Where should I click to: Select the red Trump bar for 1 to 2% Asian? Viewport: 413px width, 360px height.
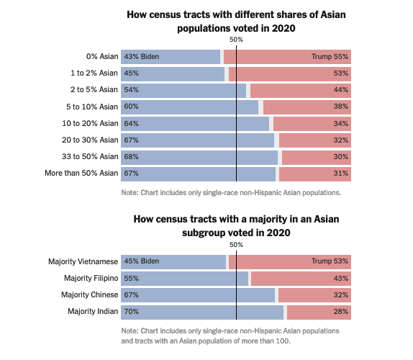(x=288, y=73)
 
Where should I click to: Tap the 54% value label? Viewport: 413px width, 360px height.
(x=130, y=90)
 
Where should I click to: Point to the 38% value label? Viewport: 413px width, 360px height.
(x=341, y=107)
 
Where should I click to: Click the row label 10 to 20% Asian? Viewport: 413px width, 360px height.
(x=90, y=123)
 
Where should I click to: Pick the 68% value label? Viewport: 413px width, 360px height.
(x=130, y=156)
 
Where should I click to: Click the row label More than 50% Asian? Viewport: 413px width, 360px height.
(x=81, y=173)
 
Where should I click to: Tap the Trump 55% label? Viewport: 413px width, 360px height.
(x=330, y=57)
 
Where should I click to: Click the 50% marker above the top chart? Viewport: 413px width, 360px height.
(x=236, y=40)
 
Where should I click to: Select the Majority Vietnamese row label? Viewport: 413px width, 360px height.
(x=83, y=261)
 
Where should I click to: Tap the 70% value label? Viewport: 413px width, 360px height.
(x=130, y=312)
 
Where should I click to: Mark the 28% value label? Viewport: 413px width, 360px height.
(x=341, y=312)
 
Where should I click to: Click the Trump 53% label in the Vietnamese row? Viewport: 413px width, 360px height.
(x=330, y=261)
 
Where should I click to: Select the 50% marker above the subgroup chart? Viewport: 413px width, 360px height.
(x=236, y=245)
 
